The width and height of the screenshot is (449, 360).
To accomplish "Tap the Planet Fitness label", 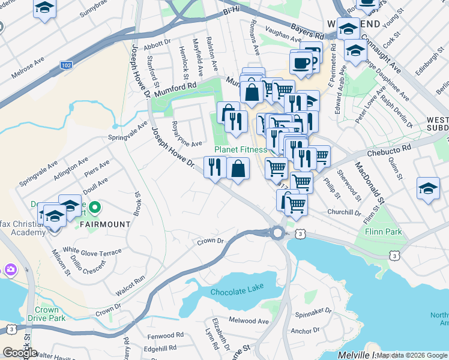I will [x=240, y=149].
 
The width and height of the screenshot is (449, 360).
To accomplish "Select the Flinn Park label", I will [x=379, y=231].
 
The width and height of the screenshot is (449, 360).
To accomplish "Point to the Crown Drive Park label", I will [x=46, y=314].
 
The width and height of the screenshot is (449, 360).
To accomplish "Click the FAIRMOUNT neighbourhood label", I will [x=105, y=224].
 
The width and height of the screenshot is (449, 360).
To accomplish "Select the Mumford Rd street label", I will [x=175, y=89].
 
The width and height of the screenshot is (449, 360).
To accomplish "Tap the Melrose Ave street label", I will [x=28, y=68].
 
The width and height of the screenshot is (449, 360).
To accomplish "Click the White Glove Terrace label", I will [x=92, y=252].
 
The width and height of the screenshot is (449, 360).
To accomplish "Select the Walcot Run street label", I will [x=131, y=284].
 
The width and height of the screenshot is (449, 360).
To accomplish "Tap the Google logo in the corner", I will [x=20, y=353].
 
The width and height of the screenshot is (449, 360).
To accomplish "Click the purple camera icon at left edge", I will [x=10, y=270].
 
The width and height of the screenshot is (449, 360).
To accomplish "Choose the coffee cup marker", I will [x=301, y=62].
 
